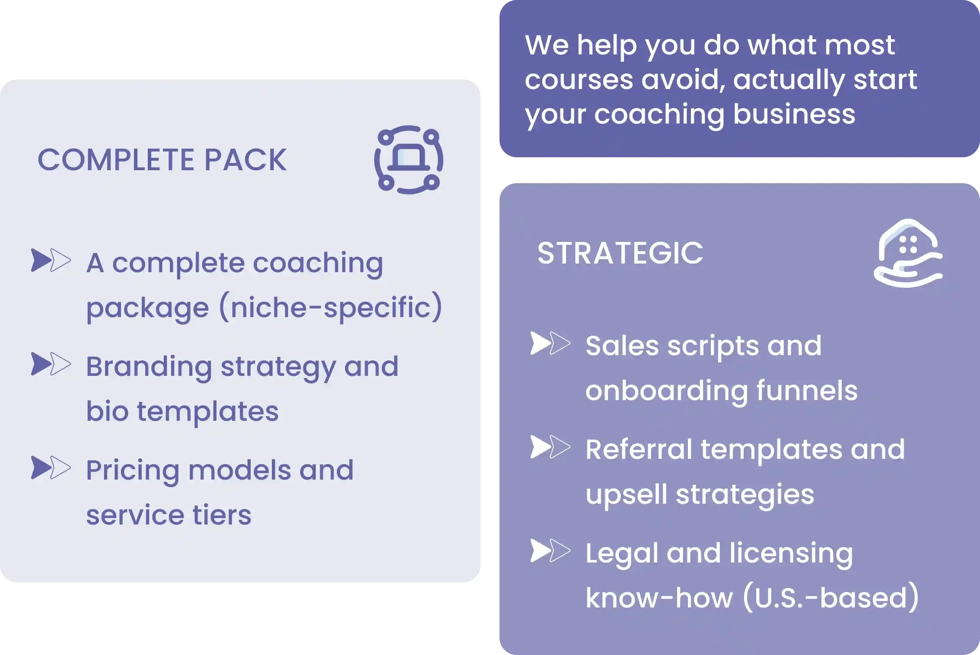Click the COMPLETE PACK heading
click(162, 160)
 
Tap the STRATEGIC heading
click(620, 253)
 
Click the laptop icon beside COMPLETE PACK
click(408, 159)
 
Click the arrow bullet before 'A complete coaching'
click(51, 260)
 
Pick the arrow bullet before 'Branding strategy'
click(51, 364)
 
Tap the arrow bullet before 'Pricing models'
click(51, 467)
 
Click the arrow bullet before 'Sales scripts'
click(550, 343)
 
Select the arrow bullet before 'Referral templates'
click(550, 447)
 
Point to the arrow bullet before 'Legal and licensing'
click(550, 551)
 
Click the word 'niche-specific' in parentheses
click(331, 307)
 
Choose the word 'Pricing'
click(133, 471)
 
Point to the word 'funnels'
click(807, 390)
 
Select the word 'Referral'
click(639, 449)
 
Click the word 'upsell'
click(626, 494)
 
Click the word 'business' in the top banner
click(794, 114)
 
